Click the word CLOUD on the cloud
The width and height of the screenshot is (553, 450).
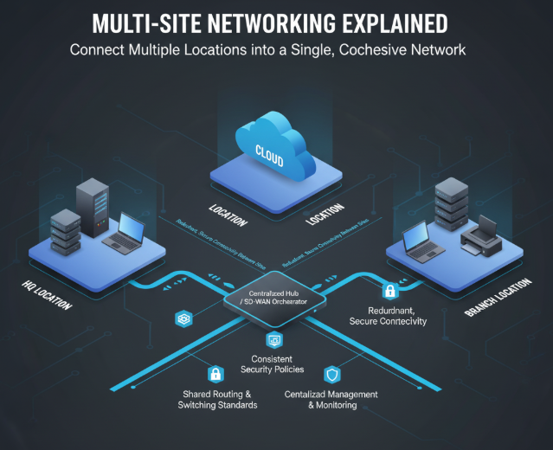(x=269, y=150)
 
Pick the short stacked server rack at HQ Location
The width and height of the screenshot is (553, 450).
(x=64, y=231)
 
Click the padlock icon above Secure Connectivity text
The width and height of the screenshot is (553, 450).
(x=389, y=291)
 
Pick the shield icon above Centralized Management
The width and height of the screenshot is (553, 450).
(x=331, y=374)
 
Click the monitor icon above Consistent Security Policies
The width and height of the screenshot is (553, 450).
(x=273, y=340)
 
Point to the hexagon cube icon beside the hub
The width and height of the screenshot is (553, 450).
(x=183, y=319)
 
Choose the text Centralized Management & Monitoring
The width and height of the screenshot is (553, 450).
(x=331, y=399)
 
